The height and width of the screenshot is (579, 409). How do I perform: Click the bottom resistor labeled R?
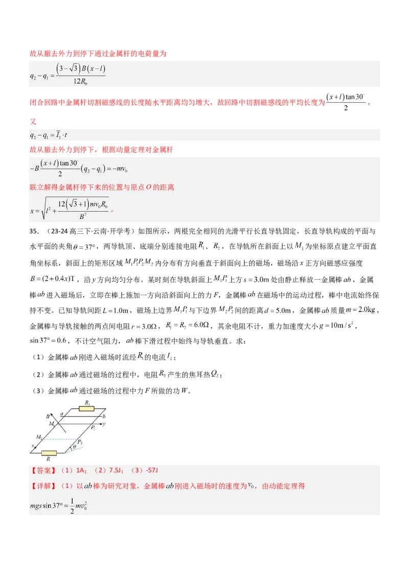(49, 453)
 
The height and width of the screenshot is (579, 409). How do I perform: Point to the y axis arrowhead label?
(104, 424)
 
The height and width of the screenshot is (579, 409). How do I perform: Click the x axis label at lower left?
(32, 446)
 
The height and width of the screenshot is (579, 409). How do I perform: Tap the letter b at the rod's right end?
(103, 417)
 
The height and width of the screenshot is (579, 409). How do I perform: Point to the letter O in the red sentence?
(149, 187)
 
